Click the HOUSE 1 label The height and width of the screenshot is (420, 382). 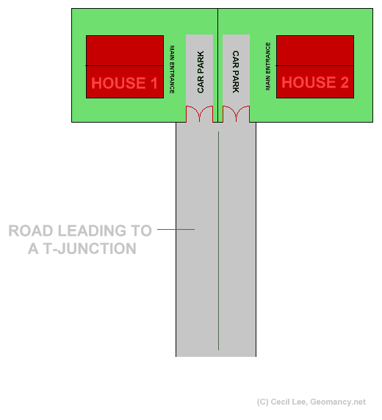point(124,83)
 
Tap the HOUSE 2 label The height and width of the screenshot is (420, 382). point(315,82)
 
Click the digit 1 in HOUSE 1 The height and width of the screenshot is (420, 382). point(154,83)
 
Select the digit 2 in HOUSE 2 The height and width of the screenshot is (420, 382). point(345,82)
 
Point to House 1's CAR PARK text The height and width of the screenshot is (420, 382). point(201,72)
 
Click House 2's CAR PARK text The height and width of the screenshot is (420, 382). point(236,72)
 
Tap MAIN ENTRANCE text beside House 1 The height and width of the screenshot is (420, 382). point(172,69)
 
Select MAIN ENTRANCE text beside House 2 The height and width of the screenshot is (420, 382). point(268,66)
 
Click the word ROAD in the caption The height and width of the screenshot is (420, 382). point(31,231)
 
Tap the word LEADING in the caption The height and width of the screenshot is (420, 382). point(92,231)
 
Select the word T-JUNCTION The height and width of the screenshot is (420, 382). point(90,249)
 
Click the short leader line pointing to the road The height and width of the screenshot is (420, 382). point(176,229)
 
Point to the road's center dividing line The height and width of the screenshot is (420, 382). point(218,241)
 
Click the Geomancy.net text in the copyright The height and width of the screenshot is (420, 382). point(338,402)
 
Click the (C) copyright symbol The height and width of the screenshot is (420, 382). point(263,402)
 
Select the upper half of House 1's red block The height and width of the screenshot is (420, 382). point(125,51)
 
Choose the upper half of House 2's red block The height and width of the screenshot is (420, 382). point(315,51)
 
